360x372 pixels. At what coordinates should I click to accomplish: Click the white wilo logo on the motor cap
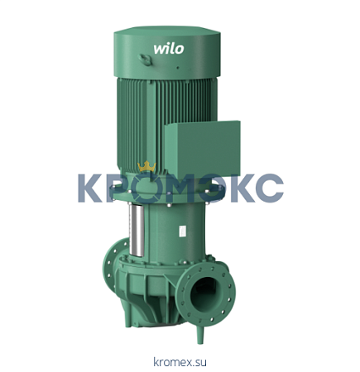[169, 49]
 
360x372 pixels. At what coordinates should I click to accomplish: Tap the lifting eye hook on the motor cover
[146, 60]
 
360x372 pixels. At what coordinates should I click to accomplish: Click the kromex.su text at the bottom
[180, 361]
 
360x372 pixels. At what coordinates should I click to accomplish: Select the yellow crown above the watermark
[146, 166]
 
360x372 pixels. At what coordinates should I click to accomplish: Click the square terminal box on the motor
[202, 150]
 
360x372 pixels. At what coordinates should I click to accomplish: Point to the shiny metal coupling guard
[137, 231]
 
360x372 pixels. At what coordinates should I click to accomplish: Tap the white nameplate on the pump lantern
[182, 231]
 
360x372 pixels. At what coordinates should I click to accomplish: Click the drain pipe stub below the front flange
[200, 334]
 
